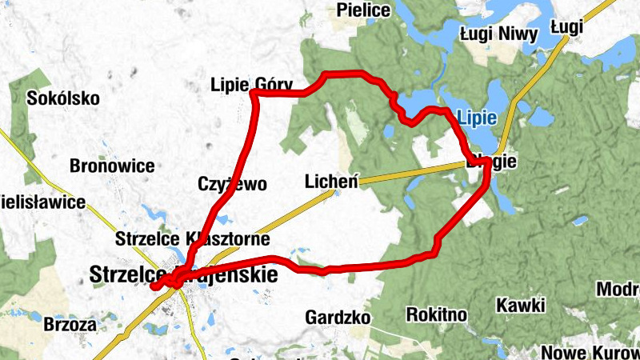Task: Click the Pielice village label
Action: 364,10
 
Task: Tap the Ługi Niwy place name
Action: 497,34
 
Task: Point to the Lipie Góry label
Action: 252,84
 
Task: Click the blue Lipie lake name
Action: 478,118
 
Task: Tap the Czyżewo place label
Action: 232,184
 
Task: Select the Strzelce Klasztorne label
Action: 192,239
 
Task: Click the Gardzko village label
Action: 338,318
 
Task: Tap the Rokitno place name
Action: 437,314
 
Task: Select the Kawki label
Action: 521,305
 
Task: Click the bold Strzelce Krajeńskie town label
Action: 184,275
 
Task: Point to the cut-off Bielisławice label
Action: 42,202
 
